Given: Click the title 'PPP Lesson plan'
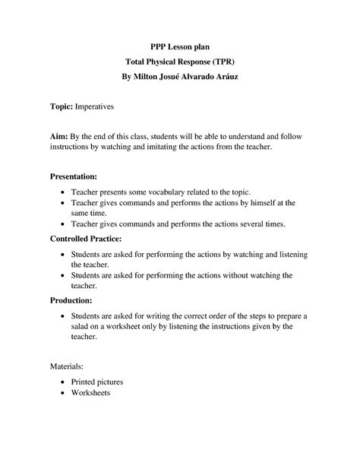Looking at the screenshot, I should pos(179,46).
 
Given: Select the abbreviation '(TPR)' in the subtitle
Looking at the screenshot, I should pos(223,63).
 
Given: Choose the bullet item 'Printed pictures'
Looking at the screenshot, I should pos(96,381).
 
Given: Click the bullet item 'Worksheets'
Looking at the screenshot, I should pos(90,393).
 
